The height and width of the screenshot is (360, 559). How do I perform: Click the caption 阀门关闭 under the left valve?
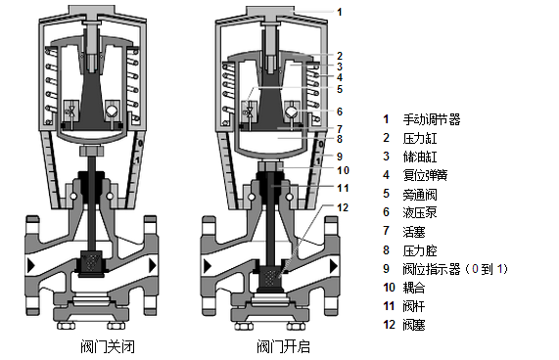point(108,346)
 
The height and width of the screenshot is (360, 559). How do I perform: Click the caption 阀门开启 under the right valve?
point(284,346)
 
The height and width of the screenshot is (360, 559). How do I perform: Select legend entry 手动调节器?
point(432,119)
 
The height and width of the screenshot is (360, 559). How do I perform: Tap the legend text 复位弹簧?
point(425,175)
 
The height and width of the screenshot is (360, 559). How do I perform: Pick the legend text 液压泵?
point(420,212)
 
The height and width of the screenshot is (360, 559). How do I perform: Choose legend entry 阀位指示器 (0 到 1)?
point(455,268)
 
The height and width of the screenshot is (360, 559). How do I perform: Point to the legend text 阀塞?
point(414,325)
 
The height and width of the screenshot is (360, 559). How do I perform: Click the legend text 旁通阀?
point(420,194)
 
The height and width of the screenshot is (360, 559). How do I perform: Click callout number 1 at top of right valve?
point(340,12)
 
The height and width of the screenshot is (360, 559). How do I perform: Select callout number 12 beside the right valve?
point(343,207)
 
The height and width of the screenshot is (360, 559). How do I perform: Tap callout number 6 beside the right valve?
point(340,112)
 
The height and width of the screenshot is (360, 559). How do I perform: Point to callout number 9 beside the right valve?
point(340,157)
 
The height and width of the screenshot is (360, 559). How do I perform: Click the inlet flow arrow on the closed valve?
point(31,265)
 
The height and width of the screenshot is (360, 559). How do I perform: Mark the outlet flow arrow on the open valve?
point(334,266)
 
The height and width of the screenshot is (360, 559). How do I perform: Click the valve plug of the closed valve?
point(91,263)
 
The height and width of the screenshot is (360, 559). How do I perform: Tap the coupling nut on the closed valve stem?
point(92,151)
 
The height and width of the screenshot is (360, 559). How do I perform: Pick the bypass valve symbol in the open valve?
point(250,112)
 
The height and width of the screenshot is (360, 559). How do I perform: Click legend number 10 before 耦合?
point(389,288)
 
